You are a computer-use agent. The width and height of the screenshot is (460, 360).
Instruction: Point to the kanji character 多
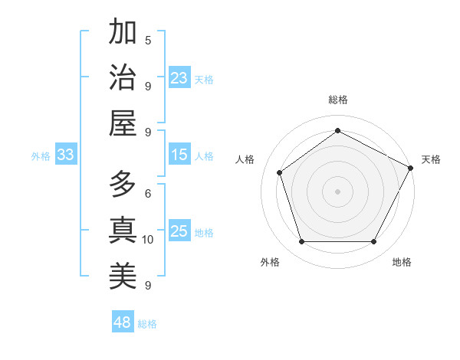point(123,185)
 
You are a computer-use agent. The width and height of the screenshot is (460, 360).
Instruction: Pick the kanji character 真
point(123,230)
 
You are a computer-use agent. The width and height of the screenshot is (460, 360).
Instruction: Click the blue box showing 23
point(179,78)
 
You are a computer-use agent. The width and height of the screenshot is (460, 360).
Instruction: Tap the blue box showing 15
point(179,155)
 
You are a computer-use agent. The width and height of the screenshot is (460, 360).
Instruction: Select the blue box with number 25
point(179,231)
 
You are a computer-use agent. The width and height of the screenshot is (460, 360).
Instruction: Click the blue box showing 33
point(65,155)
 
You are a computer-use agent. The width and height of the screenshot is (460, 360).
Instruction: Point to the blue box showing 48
point(123,322)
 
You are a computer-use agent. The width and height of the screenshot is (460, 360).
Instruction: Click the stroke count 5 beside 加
point(148,40)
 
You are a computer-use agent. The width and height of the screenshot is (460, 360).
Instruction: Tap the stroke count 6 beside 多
point(148,194)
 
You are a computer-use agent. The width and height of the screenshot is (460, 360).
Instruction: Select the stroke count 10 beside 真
point(148,240)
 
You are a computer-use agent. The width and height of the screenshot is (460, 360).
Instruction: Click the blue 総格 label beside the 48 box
point(147,324)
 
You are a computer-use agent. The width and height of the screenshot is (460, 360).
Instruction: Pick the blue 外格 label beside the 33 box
point(41,156)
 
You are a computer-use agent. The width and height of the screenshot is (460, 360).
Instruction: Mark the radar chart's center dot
point(337,191)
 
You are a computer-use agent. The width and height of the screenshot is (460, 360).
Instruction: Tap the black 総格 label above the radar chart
point(337,100)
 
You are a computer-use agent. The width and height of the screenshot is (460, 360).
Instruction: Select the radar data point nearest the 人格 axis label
point(280,172)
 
